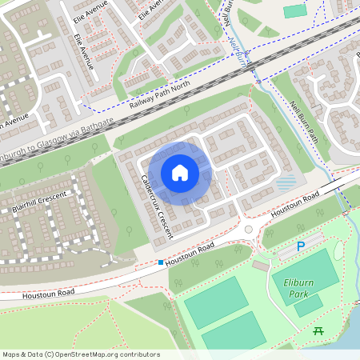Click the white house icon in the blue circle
coord(180,172)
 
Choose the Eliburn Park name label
coord(301,287)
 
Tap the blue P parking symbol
coord(301,247)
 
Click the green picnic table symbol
coord(318,330)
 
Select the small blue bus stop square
coord(160,262)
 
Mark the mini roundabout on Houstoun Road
coord(248,230)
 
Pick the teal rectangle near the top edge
coord(294,11)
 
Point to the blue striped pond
coord(286,183)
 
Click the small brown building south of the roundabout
coord(261,265)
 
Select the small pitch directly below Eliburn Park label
coord(308,305)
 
